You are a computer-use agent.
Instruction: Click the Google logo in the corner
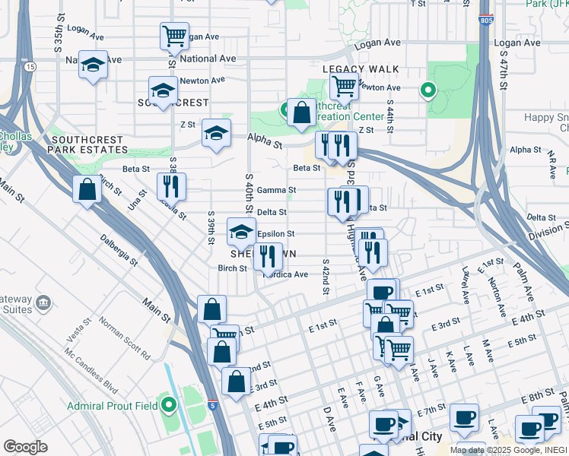tap(25, 447)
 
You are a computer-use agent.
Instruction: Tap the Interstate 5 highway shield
tap(212, 407)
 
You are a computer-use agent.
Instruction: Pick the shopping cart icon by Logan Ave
tap(174, 35)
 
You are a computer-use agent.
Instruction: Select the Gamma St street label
tap(276, 190)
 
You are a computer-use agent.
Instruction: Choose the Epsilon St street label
tap(275, 234)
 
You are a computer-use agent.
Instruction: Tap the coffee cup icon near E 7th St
tap(463, 416)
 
